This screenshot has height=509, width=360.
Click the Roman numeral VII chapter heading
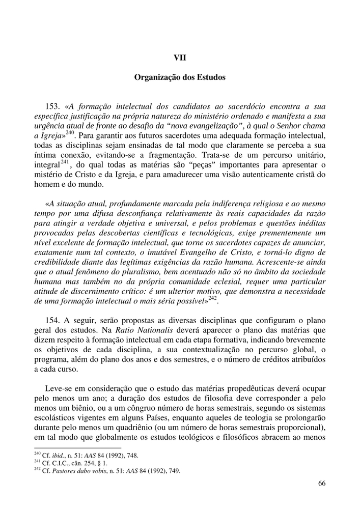[180, 58]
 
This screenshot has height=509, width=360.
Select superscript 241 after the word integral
[65, 162]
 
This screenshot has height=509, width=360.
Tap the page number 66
[321, 484]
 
